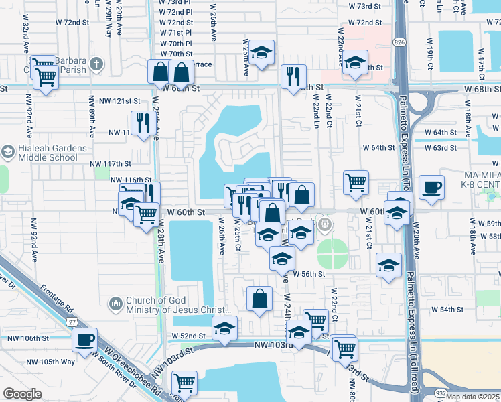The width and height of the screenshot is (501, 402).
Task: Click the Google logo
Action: [22, 394]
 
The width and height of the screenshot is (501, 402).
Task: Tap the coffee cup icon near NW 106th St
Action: [84, 339]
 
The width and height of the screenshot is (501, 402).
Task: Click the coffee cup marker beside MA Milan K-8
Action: [432, 187]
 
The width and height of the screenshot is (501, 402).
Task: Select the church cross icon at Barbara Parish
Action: [96, 64]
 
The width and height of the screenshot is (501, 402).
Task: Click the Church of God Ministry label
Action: [173, 305]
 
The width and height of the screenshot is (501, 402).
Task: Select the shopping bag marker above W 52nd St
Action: [259, 298]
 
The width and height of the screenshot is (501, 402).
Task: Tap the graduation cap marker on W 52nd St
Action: [224, 328]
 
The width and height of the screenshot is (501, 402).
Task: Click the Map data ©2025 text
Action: [472, 397]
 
